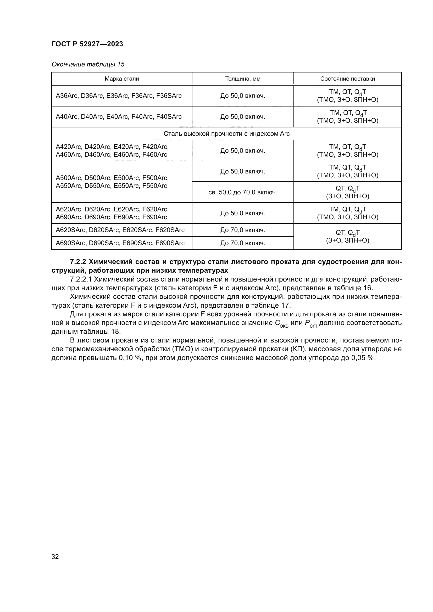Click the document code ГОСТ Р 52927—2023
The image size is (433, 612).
87,44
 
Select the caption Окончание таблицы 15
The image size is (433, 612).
88,64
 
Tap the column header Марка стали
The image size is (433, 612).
121,79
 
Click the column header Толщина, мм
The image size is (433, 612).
243,79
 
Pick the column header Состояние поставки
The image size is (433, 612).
347,79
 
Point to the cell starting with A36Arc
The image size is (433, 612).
119,96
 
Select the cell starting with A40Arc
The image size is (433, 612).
119,116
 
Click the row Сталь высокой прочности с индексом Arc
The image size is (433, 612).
226,134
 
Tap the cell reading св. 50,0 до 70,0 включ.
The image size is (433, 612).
243,192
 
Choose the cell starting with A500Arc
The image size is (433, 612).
112,182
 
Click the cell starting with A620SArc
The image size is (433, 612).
120,230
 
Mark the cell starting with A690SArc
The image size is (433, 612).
120,243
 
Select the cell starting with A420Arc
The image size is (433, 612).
112,151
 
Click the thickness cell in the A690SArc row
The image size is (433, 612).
243,243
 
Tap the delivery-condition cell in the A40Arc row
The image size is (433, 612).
347,116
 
